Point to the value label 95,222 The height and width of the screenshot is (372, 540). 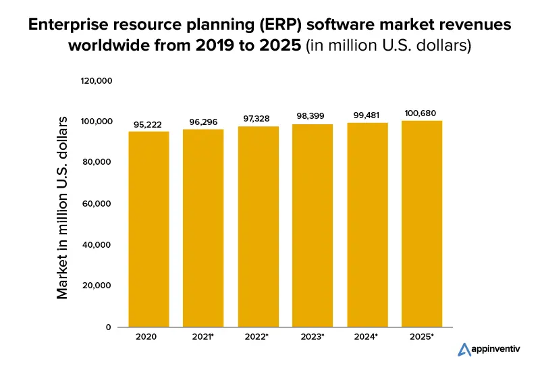pos(148,126)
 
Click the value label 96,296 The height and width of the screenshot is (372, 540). pos(203,124)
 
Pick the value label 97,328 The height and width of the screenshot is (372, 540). pos(257,119)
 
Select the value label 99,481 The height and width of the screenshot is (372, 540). pos(367,115)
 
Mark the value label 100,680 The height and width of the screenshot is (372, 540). pos(422,113)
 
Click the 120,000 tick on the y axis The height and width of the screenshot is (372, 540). pos(96,81)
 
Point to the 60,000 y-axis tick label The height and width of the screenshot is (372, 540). pos(99,204)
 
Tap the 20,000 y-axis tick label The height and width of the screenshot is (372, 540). pos(99,286)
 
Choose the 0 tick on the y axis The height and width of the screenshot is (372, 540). pos(109,327)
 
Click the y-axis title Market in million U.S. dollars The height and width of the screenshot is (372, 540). pos(63,208)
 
